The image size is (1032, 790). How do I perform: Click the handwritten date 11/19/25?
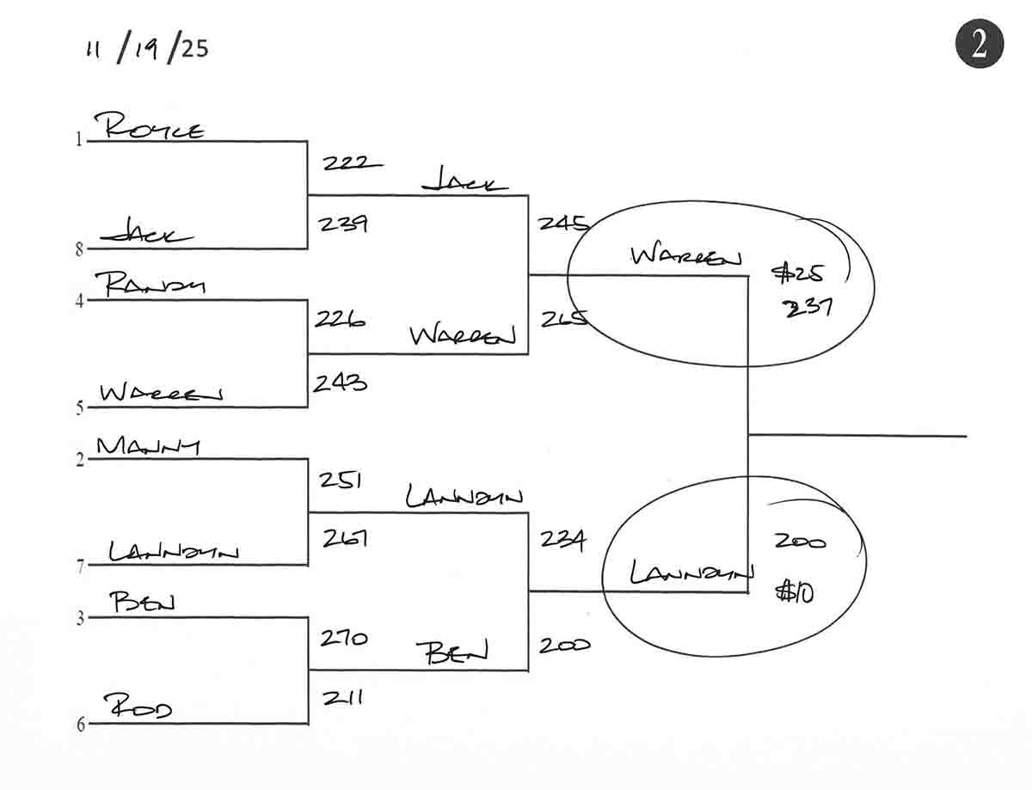pyautogui.click(x=146, y=48)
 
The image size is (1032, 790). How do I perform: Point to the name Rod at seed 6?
pyautogui.click(x=139, y=707)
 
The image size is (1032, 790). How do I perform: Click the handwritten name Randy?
pyautogui.click(x=156, y=285)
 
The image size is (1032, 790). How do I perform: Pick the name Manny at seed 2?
pyautogui.click(x=149, y=446)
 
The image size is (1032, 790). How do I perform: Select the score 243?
pyautogui.click(x=339, y=383)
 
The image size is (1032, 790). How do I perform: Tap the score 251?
pyautogui.click(x=339, y=480)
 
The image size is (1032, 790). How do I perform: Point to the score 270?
pyautogui.click(x=343, y=639)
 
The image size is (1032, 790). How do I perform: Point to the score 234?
pyautogui.click(x=562, y=540)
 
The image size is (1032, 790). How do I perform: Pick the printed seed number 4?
pyautogui.click(x=79, y=301)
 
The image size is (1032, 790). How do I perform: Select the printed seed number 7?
pyautogui.click(x=79, y=566)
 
